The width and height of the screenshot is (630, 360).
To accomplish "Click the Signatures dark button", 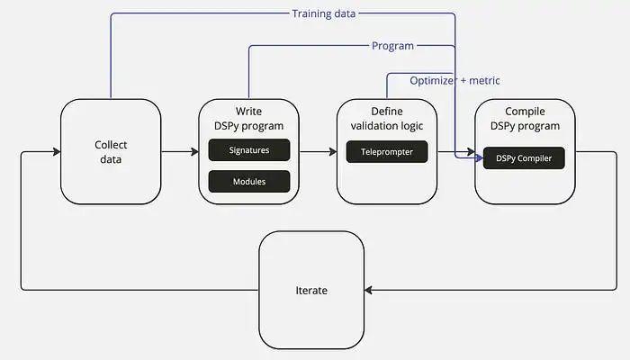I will pos(249,150).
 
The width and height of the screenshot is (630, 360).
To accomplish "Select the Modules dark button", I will pos(249,181).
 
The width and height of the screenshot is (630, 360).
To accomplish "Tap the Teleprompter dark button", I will pos(386,151).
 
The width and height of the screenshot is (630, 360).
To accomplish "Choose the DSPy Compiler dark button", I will pos(524,158).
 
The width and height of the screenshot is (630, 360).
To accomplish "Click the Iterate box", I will pos(311,291).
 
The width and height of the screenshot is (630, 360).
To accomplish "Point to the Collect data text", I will pos(111,151).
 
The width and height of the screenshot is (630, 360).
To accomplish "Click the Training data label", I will pos(324,13).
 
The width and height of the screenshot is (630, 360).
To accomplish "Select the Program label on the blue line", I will pos(392,46).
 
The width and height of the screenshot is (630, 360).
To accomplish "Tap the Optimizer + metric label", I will pos(454,80).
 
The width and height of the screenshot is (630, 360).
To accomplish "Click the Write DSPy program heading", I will pos(249,119).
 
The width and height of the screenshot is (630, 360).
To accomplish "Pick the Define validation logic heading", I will pos(386,119).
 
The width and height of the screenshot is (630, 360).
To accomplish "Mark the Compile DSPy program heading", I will pos(524,119).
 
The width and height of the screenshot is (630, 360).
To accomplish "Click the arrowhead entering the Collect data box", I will pos(56,152).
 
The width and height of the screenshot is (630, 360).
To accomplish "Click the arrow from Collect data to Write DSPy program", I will pos(179,152).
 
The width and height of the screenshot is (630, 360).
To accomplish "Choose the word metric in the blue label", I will pos(483,80).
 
